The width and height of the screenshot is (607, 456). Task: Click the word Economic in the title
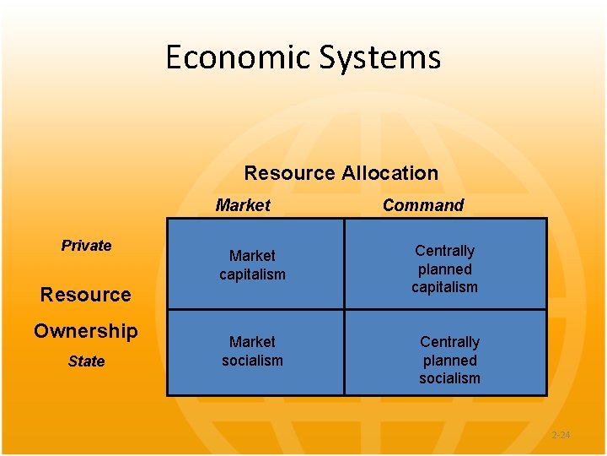pos(239,57)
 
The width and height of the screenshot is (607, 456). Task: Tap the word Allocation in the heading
pos(389,173)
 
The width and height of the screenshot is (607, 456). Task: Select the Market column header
pos(243,205)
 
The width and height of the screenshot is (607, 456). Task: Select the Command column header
pos(423,205)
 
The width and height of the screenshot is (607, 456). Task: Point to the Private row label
pos(86,246)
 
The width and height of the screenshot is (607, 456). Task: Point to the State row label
pos(86,361)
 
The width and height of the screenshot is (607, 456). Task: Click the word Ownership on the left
pos(86,331)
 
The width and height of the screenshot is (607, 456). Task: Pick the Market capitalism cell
pos(253,264)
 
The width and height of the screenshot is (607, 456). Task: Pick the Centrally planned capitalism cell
pos(445,269)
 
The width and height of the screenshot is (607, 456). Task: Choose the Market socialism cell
pos(253,351)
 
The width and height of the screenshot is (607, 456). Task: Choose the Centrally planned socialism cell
pos(449,360)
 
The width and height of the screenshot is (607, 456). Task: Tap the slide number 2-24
pos(561,435)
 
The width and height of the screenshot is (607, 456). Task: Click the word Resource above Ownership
pos(86,295)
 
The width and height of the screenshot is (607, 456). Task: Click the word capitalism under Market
pos(253,274)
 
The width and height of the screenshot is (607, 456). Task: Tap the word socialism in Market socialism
pos(253,361)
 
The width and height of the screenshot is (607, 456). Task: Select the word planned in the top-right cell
pos(445,269)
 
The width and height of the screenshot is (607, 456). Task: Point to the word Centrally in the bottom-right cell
pos(449,342)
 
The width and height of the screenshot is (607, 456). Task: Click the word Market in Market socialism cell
pos(253,342)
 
